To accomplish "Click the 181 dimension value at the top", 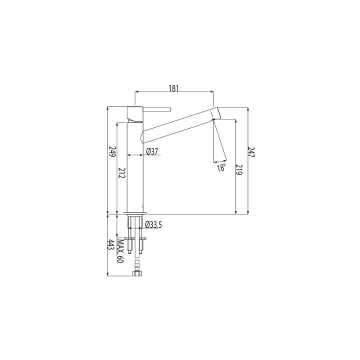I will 174,88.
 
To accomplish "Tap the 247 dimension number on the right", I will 252,154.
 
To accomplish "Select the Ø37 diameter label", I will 152,151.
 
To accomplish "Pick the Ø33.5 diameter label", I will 154,225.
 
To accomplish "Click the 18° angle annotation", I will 221,167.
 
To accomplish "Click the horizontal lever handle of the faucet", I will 157,109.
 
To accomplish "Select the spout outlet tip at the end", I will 214,114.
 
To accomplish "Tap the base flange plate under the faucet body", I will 136,214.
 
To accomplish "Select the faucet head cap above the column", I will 136,114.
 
